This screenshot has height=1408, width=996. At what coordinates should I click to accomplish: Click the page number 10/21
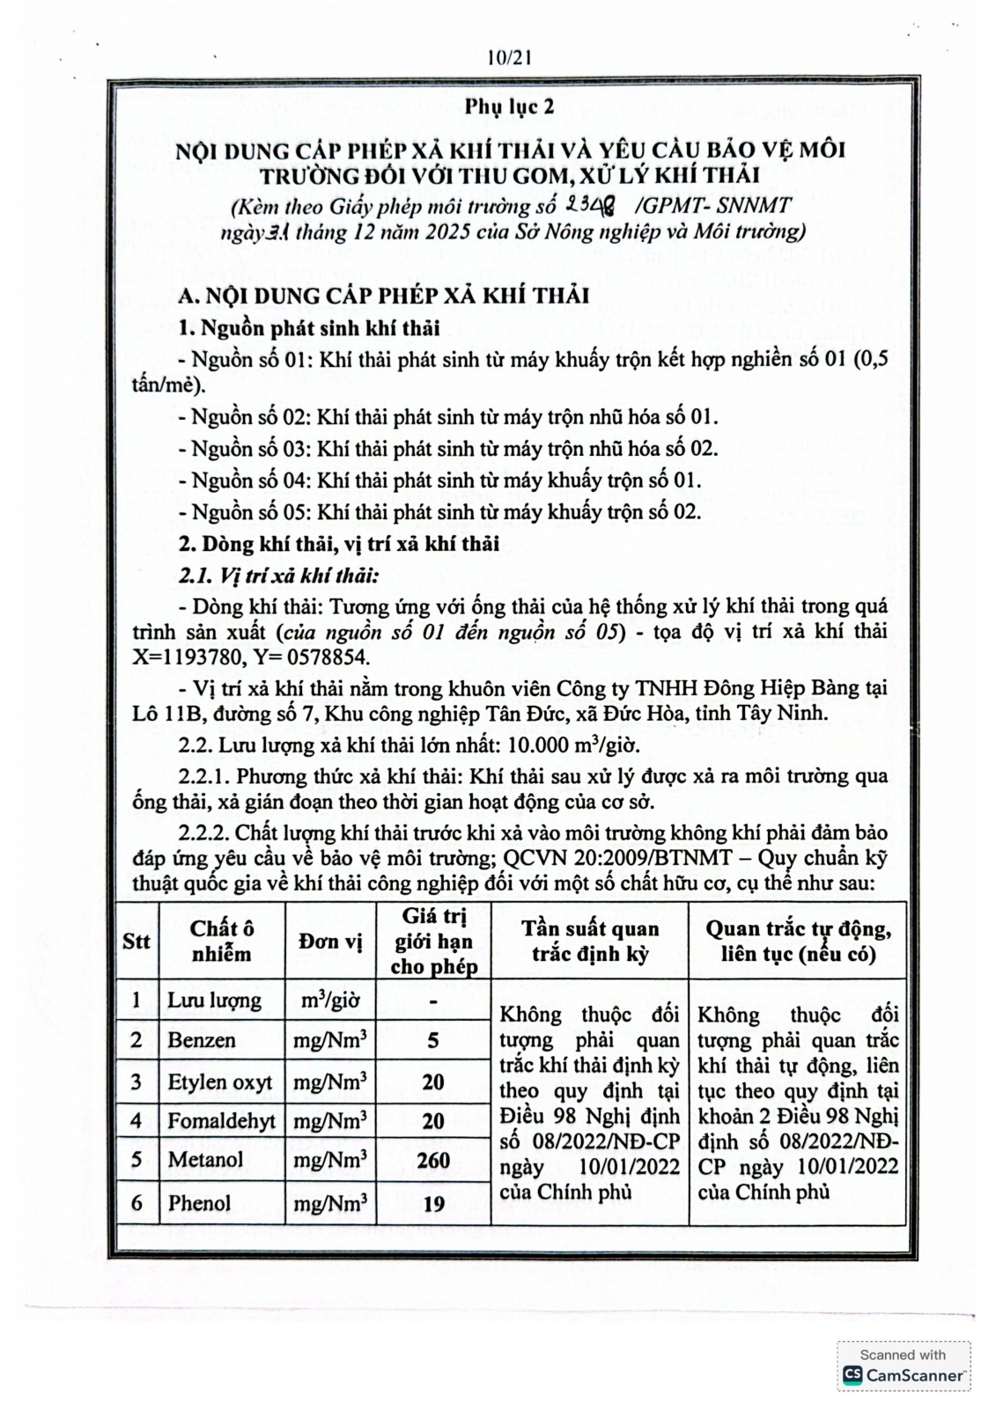[x=510, y=58]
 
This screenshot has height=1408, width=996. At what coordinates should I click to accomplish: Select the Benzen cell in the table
[x=202, y=1040]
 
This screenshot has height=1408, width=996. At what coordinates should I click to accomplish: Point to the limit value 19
[x=432, y=1203]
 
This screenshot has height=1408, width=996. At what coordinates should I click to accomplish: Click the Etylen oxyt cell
[x=220, y=1082]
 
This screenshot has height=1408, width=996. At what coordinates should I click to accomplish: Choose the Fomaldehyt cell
[x=221, y=1121]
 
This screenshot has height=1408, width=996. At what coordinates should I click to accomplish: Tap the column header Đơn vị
[x=330, y=942]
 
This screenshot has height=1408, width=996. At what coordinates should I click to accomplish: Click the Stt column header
[x=136, y=942]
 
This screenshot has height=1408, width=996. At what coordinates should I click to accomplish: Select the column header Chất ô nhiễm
[x=222, y=941]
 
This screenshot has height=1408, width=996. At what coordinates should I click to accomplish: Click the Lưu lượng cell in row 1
[x=214, y=1000]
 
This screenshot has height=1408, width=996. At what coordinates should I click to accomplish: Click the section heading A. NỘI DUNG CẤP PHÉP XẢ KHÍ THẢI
[x=383, y=296]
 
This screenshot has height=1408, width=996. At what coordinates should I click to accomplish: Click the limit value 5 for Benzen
[x=432, y=1040]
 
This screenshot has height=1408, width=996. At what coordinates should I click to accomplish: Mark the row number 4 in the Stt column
[x=136, y=1121]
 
